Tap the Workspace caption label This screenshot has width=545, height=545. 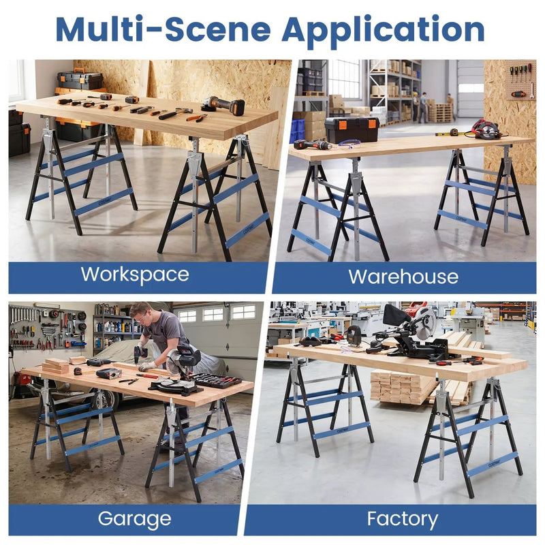click(135, 275)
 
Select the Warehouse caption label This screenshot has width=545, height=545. click(403, 277)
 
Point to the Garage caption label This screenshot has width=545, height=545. click(134, 519)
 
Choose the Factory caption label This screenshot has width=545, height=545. click(403, 519)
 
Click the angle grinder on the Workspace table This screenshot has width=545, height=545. click(223, 104)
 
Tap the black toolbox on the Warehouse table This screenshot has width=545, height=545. click(352, 129)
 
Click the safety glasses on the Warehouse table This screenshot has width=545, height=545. click(349, 144)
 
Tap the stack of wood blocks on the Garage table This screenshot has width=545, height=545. click(56, 366)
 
